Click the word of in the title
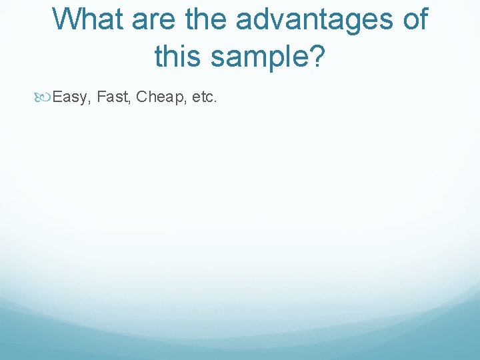point(413,19)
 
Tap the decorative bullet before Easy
point(45,98)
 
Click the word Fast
point(112,97)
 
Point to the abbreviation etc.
point(203,98)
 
